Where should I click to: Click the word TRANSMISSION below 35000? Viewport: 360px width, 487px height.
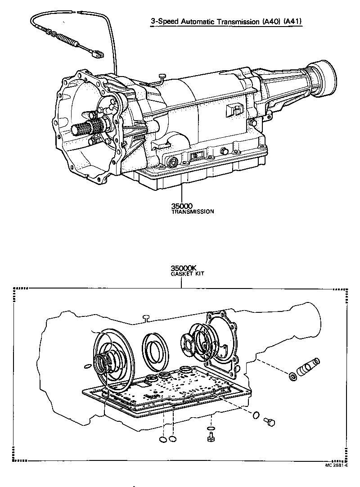[x=192, y=211]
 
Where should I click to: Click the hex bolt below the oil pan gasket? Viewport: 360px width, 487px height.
[x=210, y=437]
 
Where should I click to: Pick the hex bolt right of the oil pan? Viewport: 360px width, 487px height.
[x=270, y=421]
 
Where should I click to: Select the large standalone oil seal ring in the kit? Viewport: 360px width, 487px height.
[x=155, y=347]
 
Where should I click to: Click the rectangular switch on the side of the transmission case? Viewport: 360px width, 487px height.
[x=234, y=111]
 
